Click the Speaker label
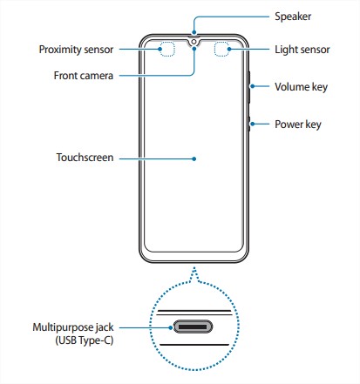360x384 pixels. pyautogui.click(x=293, y=17)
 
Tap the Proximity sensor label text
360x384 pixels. pyautogui.click(x=76, y=50)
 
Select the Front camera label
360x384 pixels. pyautogui.click(x=84, y=76)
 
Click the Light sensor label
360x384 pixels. pyautogui.click(x=302, y=50)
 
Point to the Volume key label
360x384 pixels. pyautogui.click(x=301, y=87)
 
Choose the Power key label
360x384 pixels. pyautogui.click(x=298, y=125)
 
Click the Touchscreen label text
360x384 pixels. pyautogui.click(x=85, y=158)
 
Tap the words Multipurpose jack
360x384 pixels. pyautogui.click(x=73, y=327)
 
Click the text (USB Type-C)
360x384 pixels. pyautogui.click(x=85, y=340)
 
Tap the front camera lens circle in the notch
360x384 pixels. pyautogui.click(x=194, y=43)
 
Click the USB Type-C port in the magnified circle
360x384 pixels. pyautogui.click(x=193, y=327)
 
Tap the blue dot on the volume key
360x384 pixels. pyautogui.click(x=253, y=86)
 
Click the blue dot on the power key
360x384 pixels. pyautogui.click(x=253, y=124)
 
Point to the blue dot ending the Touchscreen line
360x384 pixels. pyautogui.click(x=194, y=158)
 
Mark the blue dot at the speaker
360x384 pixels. pyautogui.click(x=194, y=33)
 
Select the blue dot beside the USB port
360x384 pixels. pyautogui.click(x=171, y=327)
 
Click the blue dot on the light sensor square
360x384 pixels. pyautogui.click(x=229, y=49)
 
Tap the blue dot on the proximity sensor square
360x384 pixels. pyautogui.click(x=160, y=49)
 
